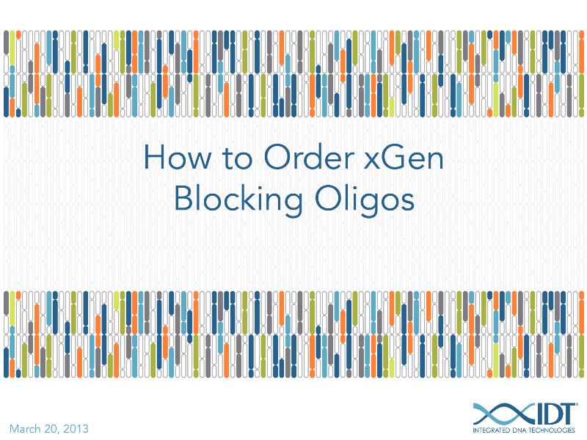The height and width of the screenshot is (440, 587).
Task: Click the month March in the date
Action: pyautogui.click(x=27, y=428)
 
